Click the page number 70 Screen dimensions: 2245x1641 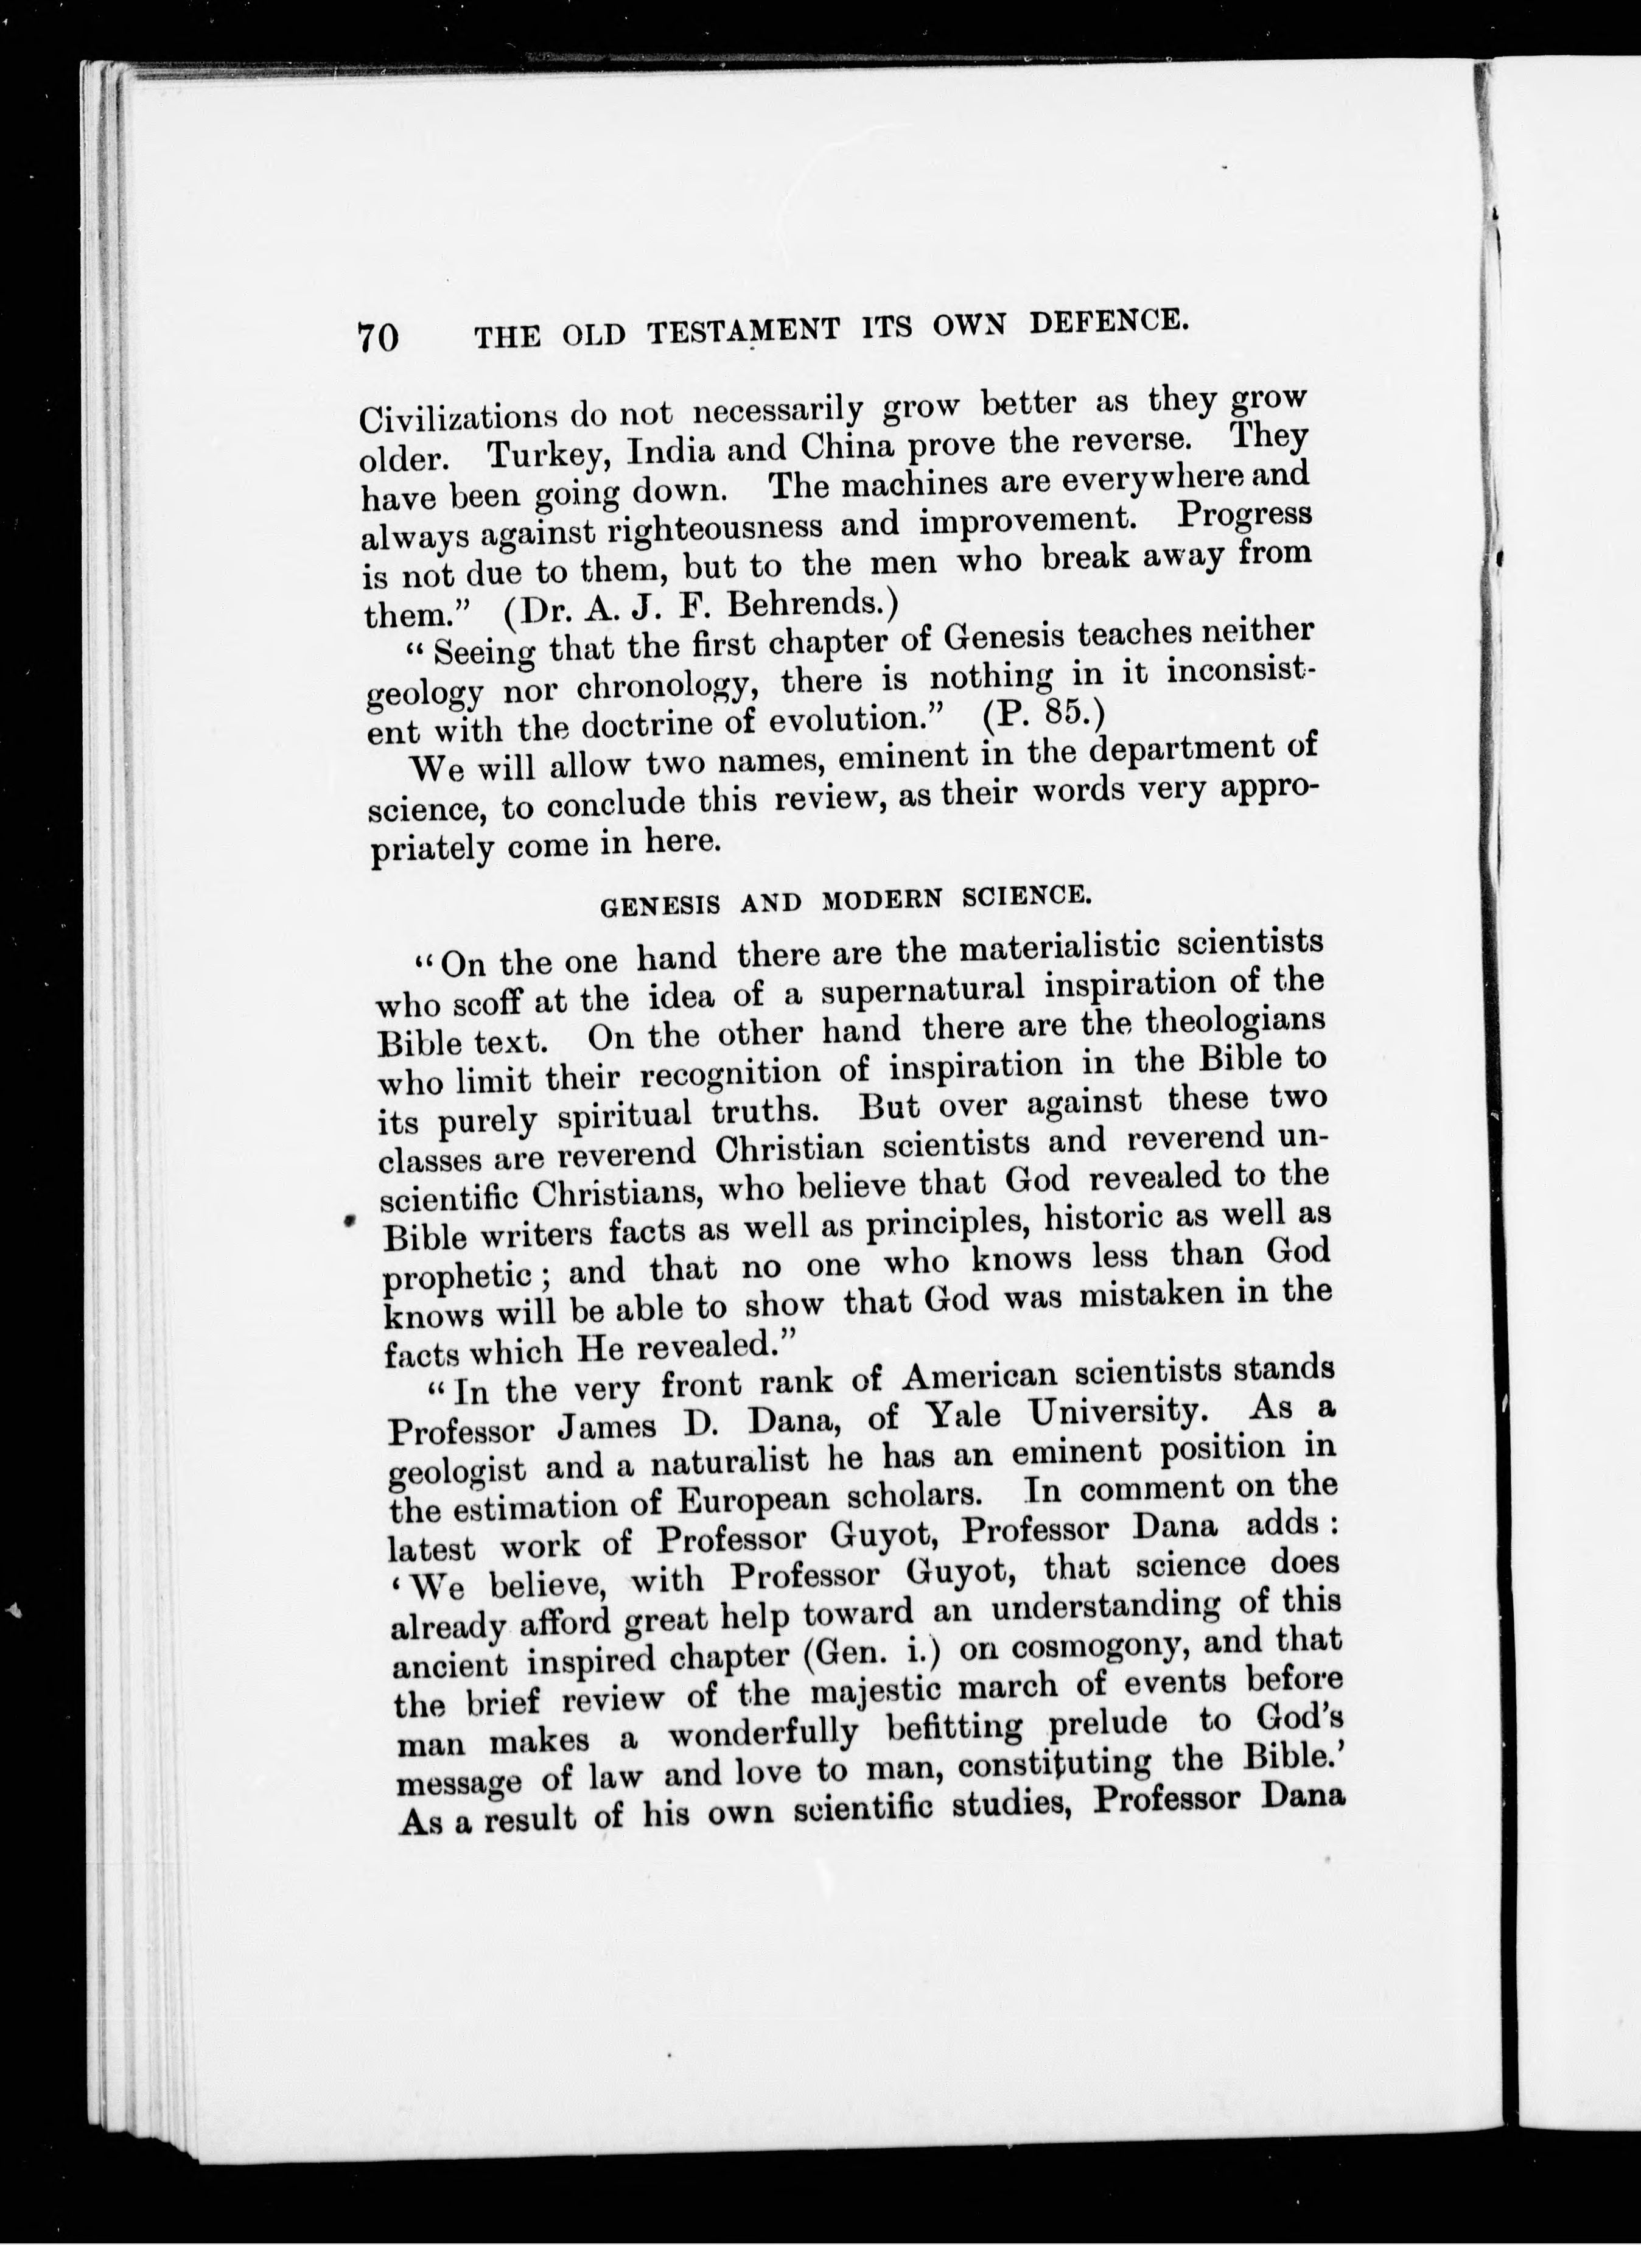point(379,338)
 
